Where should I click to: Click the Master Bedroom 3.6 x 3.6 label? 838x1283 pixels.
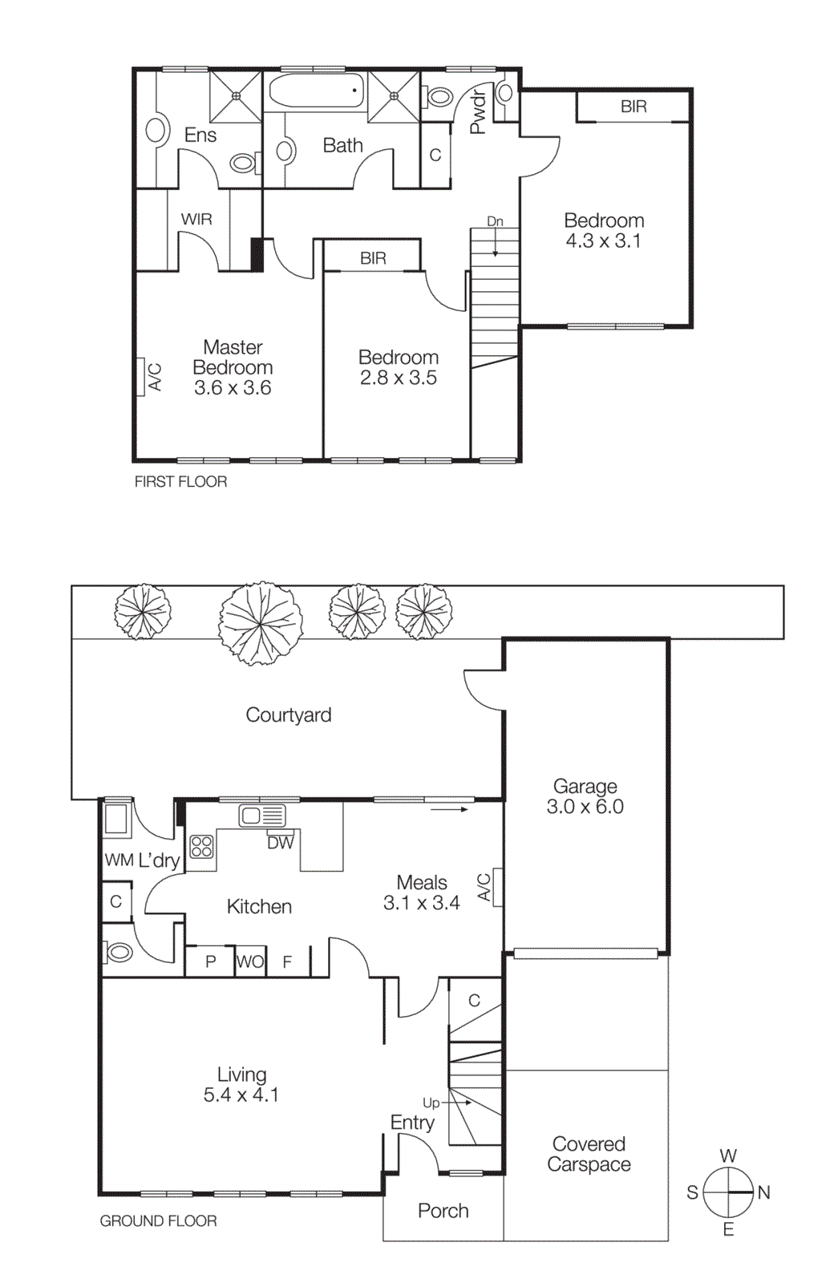[x=233, y=367]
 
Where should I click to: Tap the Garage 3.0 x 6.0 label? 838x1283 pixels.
[x=585, y=796]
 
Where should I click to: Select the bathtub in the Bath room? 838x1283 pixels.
[x=314, y=90]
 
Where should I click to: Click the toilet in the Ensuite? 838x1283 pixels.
[x=243, y=164]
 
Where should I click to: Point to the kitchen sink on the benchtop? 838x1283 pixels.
[x=261, y=816]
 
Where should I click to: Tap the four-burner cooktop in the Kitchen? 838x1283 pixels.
[x=201, y=847]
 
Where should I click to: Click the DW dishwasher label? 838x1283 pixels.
[x=280, y=843]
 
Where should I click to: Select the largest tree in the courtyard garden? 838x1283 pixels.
[x=261, y=623]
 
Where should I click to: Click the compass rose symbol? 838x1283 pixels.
[x=728, y=1192]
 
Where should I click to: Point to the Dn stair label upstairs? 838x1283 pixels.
[x=495, y=221]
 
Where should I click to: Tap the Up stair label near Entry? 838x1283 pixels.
[x=431, y=1103]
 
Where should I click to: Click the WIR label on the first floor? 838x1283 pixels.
[x=196, y=219]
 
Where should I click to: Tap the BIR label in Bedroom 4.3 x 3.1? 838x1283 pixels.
[x=633, y=107]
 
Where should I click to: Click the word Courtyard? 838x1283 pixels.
[x=288, y=714]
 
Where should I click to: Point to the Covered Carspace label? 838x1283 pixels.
[x=589, y=1154]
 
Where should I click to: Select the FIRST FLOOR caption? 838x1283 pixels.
[x=180, y=482]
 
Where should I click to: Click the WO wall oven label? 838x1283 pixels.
[x=250, y=961]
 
